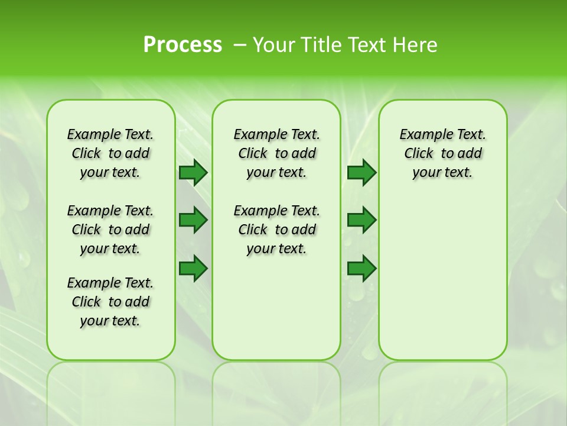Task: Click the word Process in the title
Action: click(x=183, y=45)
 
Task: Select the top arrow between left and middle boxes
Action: click(x=193, y=172)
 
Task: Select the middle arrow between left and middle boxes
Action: click(x=193, y=220)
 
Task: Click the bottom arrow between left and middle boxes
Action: click(x=193, y=269)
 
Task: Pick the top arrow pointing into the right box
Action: click(x=361, y=172)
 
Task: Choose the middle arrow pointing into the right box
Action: click(x=361, y=220)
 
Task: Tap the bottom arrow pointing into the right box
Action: click(x=361, y=269)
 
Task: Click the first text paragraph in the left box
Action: click(x=110, y=153)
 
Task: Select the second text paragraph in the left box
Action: click(x=110, y=230)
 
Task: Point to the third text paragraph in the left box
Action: click(x=110, y=302)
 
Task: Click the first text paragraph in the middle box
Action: click(x=276, y=153)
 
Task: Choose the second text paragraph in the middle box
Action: click(x=276, y=230)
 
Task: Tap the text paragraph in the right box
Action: click(x=442, y=153)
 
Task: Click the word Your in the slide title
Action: click(x=274, y=45)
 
